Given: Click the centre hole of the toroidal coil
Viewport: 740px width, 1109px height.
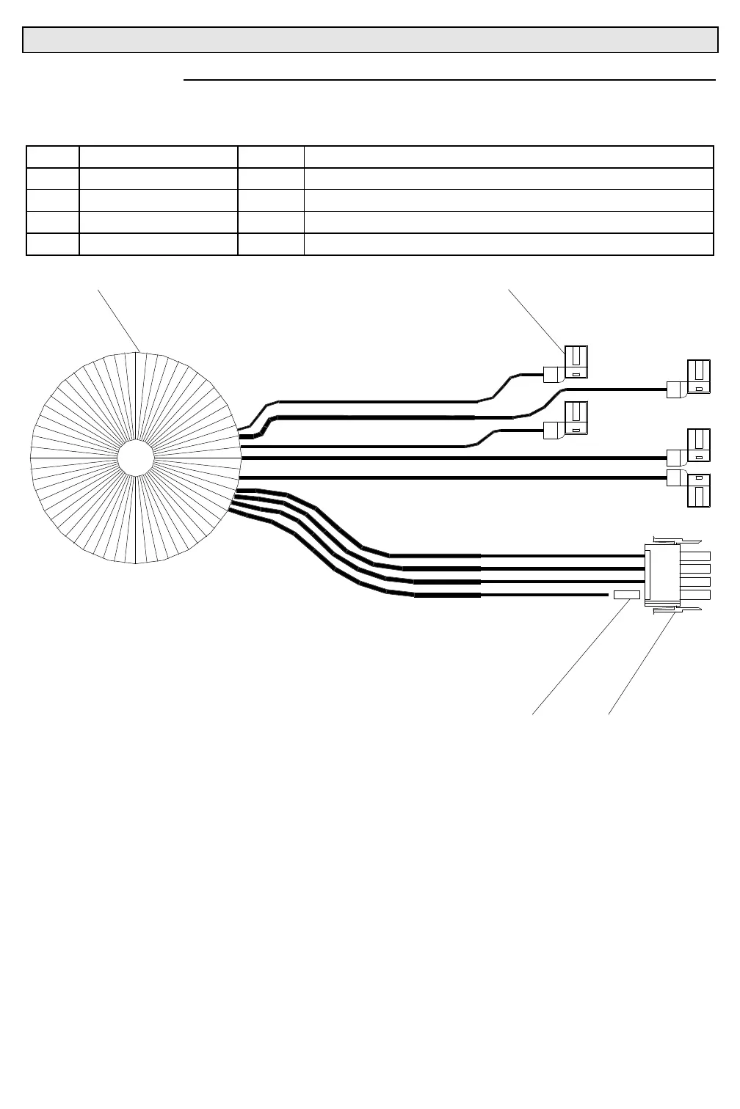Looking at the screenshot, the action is click(136, 458).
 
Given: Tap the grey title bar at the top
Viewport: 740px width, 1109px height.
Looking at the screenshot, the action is click(370, 40).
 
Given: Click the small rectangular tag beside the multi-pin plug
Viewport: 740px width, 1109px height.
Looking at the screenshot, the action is click(626, 594).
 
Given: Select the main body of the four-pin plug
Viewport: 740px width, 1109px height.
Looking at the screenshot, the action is click(661, 574).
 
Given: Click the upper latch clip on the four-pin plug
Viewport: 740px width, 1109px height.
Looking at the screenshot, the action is click(675, 541).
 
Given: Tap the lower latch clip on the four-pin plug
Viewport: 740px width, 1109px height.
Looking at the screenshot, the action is click(675, 608).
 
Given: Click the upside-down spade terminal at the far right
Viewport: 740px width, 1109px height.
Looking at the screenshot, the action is click(698, 491).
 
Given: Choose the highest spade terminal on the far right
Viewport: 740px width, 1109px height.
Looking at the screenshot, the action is click(698, 376).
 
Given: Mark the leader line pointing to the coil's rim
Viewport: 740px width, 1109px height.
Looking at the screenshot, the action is click(119, 321).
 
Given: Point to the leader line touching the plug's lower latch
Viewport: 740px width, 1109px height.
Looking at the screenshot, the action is click(640, 664).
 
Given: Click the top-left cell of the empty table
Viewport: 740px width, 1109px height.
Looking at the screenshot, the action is click(53, 157).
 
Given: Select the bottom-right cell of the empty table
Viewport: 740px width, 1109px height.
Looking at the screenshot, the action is click(508, 244).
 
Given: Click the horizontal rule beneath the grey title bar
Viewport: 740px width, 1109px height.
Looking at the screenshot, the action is click(449, 79).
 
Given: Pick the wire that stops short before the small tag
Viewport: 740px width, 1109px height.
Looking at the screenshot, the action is click(543, 594).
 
